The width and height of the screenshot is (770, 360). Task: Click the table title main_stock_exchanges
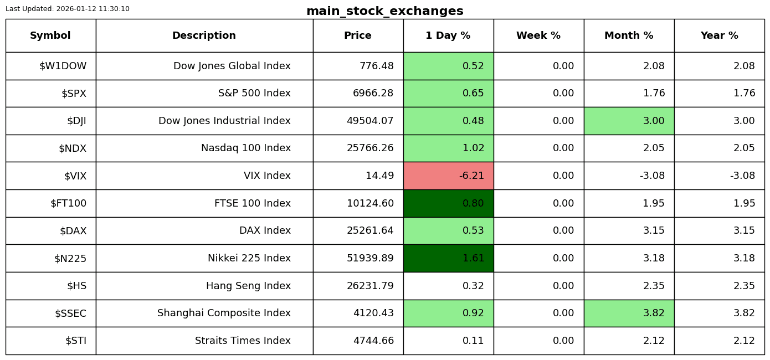pyautogui.click(x=384, y=11)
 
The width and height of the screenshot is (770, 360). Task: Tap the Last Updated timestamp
pyautogui.click(x=68, y=9)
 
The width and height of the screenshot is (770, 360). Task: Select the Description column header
pyautogui.click(x=204, y=35)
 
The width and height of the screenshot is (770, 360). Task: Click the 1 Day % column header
pyautogui.click(x=448, y=35)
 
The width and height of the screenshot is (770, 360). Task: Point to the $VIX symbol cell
pyautogui.click(x=51, y=176)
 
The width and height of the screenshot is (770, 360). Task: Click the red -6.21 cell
pyautogui.click(x=449, y=176)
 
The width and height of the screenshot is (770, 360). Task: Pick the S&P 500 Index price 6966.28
pyautogui.click(x=373, y=93)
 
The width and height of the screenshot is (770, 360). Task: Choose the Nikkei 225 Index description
pyautogui.click(x=249, y=258)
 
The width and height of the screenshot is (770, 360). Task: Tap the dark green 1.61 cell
pyautogui.click(x=449, y=258)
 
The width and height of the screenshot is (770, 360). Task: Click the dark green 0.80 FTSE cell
pyautogui.click(x=449, y=203)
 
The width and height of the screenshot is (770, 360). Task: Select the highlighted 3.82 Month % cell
pyautogui.click(x=629, y=313)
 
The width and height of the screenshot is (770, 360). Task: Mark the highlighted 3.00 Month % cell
pyautogui.click(x=629, y=121)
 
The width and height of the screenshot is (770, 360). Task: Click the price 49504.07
pyautogui.click(x=370, y=121)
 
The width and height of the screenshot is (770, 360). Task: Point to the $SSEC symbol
pyautogui.click(x=70, y=313)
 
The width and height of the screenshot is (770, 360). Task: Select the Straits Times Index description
pyautogui.click(x=243, y=341)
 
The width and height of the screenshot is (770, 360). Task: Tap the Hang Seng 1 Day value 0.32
pyautogui.click(x=473, y=286)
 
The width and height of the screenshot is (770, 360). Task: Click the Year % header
pyautogui.click(x=720, y=35)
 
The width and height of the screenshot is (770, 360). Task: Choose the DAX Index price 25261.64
pyautogui.click(x=370, y=230)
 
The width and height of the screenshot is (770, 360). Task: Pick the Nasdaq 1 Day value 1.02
pyautogui.click(x=473, y=148)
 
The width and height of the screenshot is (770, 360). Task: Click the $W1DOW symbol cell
pyautogui.click(x=51, y=66)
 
